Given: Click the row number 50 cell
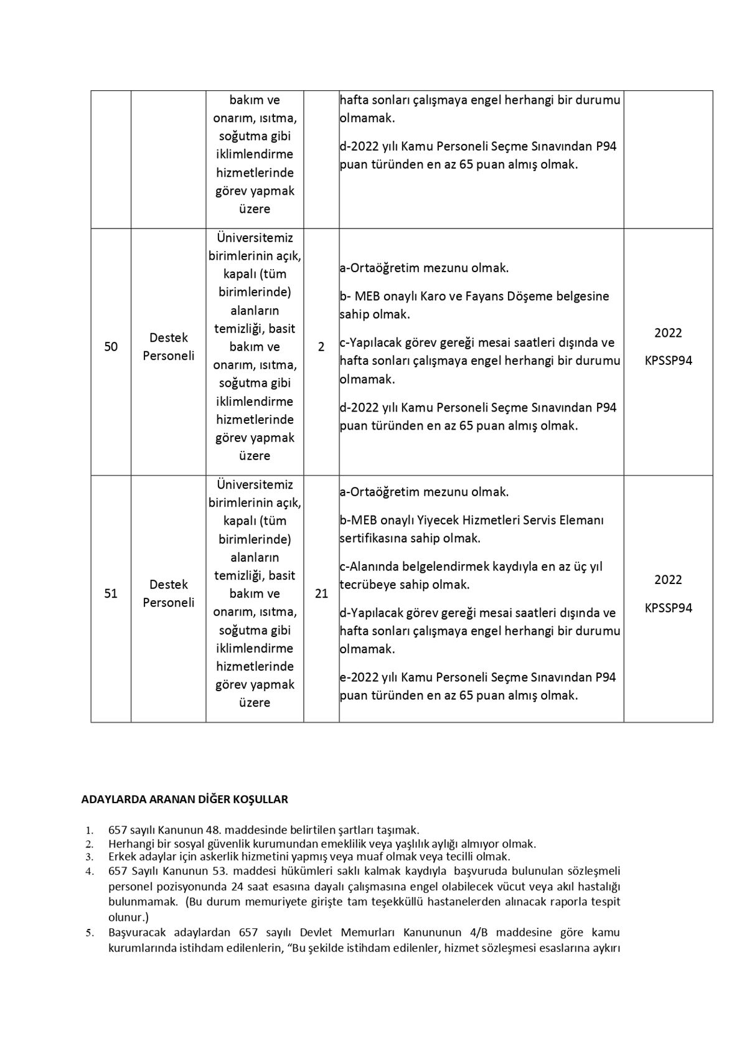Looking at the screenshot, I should point(111,347).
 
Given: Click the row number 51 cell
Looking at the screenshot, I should point(111,593).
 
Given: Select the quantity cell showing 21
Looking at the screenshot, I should point(321,593).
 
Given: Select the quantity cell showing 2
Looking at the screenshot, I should point(321,347).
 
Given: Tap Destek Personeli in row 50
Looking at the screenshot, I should point(168,347).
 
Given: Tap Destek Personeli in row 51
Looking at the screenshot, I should point(168,593).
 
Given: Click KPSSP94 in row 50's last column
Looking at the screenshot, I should point(668,361).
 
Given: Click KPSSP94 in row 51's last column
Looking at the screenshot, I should point(668,608).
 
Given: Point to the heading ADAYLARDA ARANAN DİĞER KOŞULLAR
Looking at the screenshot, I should point(184,799).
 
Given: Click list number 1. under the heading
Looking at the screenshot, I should point(90,831).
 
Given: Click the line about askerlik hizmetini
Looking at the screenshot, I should point(309,857).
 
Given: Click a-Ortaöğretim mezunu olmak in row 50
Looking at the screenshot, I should point(424,268).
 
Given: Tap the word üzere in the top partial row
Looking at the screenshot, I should point(255,209).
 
